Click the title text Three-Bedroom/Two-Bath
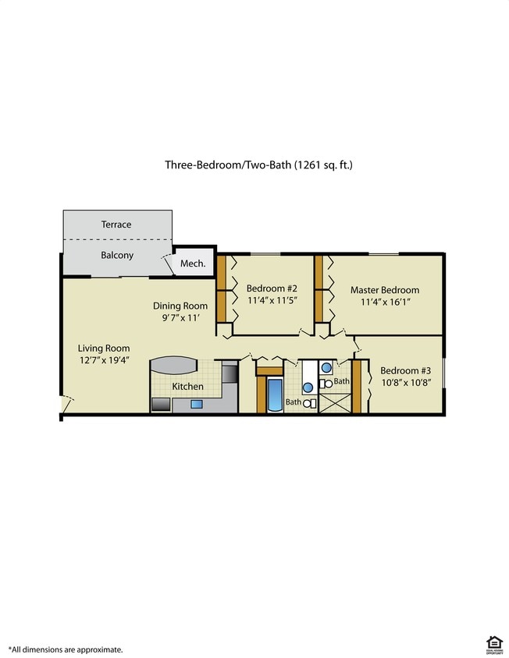pyautogui.click(x=227, y=164)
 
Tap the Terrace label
pyautogui.click(x=116, y=225)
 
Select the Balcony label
pyautogui.click(x=117, y=255)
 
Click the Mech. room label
pyautogui.click(x=193, y=264)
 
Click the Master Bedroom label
pyautogui.click(x=384, y=289)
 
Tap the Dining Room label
pyautogui.click(x=180, y=306)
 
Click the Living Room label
pyautogui.click(x=103, y=348)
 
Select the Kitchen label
pyautogui.click(x=187, y=386)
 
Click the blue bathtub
pyautogui.click(x=274, y=394)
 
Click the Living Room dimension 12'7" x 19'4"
pyautogui.click(x=103, y=360)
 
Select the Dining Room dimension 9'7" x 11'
pyautogui.click(x=180, y=318)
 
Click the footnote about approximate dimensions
pyautogui.click(x=66, y=649)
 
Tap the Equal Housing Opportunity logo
pyautogui.click(x=493, y=644)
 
